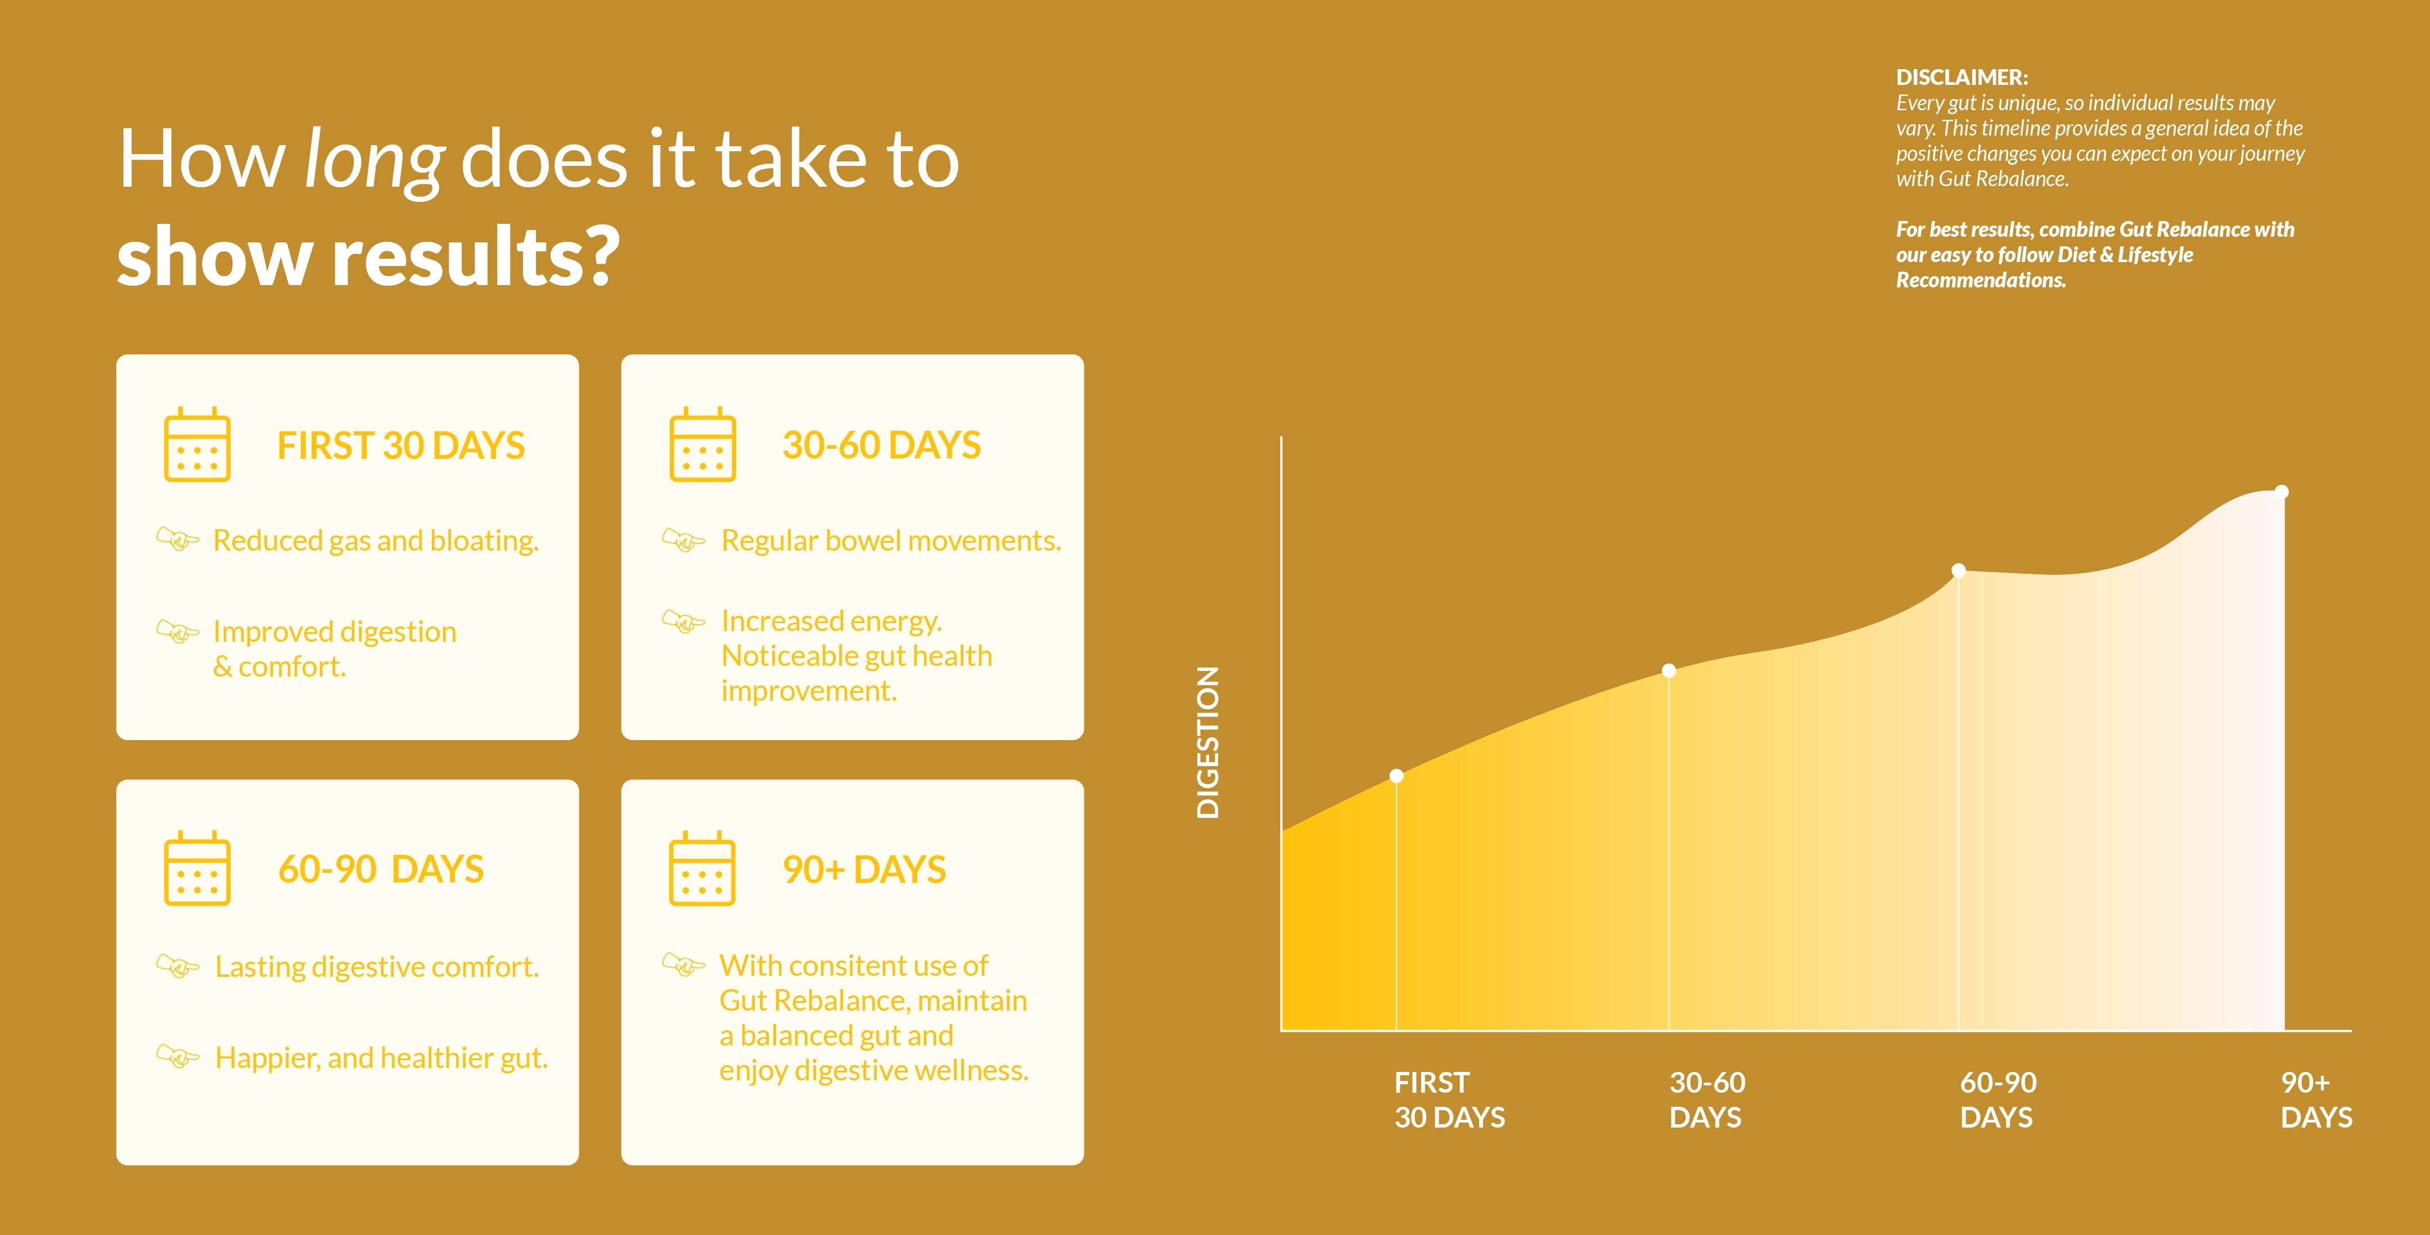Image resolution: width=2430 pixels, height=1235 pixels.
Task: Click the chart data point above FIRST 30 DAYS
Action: (x=1396, y=776)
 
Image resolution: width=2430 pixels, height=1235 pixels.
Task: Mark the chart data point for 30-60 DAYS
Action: (x=1669, y=671)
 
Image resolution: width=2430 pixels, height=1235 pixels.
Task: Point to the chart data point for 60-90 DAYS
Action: (x=1958, y=570)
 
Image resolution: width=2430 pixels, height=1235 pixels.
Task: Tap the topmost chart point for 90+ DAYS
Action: (x=2282, y=492)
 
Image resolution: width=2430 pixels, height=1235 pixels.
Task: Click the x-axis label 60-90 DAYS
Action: (x=1998, y=1099)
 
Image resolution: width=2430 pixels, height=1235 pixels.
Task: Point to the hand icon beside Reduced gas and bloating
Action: (x=177, y=540)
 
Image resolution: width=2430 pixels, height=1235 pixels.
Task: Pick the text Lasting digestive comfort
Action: (x=376, y=967)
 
